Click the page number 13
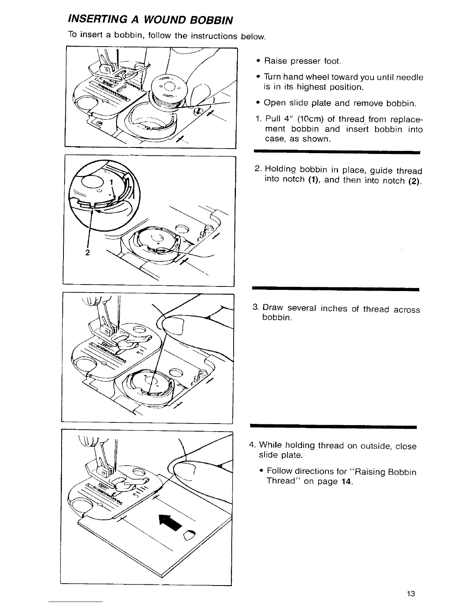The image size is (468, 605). (411, 594)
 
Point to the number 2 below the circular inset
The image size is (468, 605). (88, 252)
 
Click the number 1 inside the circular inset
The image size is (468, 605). (111, 183)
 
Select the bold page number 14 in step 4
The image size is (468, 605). (347, 481)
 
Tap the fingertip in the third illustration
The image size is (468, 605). (174, 325)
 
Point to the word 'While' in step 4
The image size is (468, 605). (270, 445)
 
